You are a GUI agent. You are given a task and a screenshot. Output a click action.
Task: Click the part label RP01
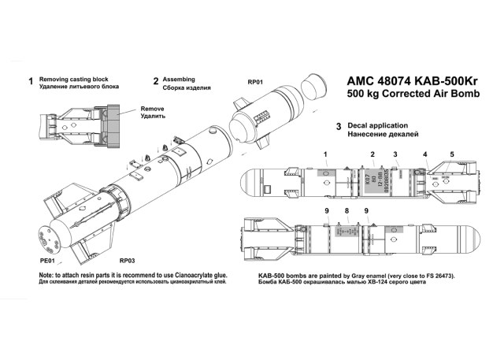(x=255, y=81)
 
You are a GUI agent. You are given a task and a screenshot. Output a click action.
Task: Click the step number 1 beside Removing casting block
(x=31, y=81)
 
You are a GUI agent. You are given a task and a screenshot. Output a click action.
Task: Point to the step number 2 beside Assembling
(x=156, y=81)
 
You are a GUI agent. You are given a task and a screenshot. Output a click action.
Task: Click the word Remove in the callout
(x=153, y=109)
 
